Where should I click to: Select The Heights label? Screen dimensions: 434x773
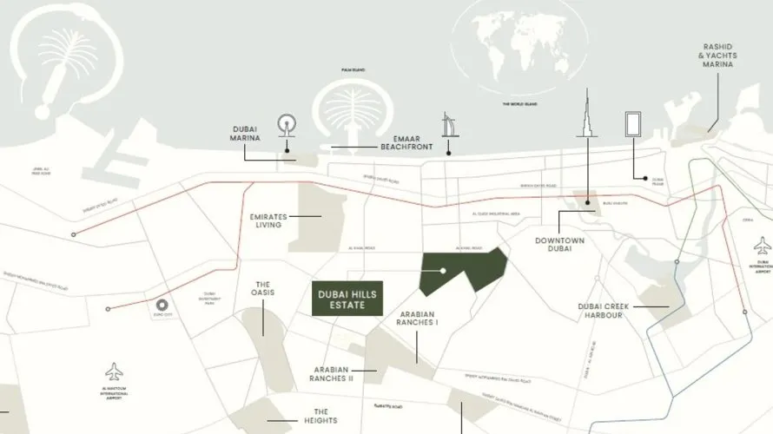coord(320,417)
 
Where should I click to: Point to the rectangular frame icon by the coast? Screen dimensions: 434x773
coord(633,125)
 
